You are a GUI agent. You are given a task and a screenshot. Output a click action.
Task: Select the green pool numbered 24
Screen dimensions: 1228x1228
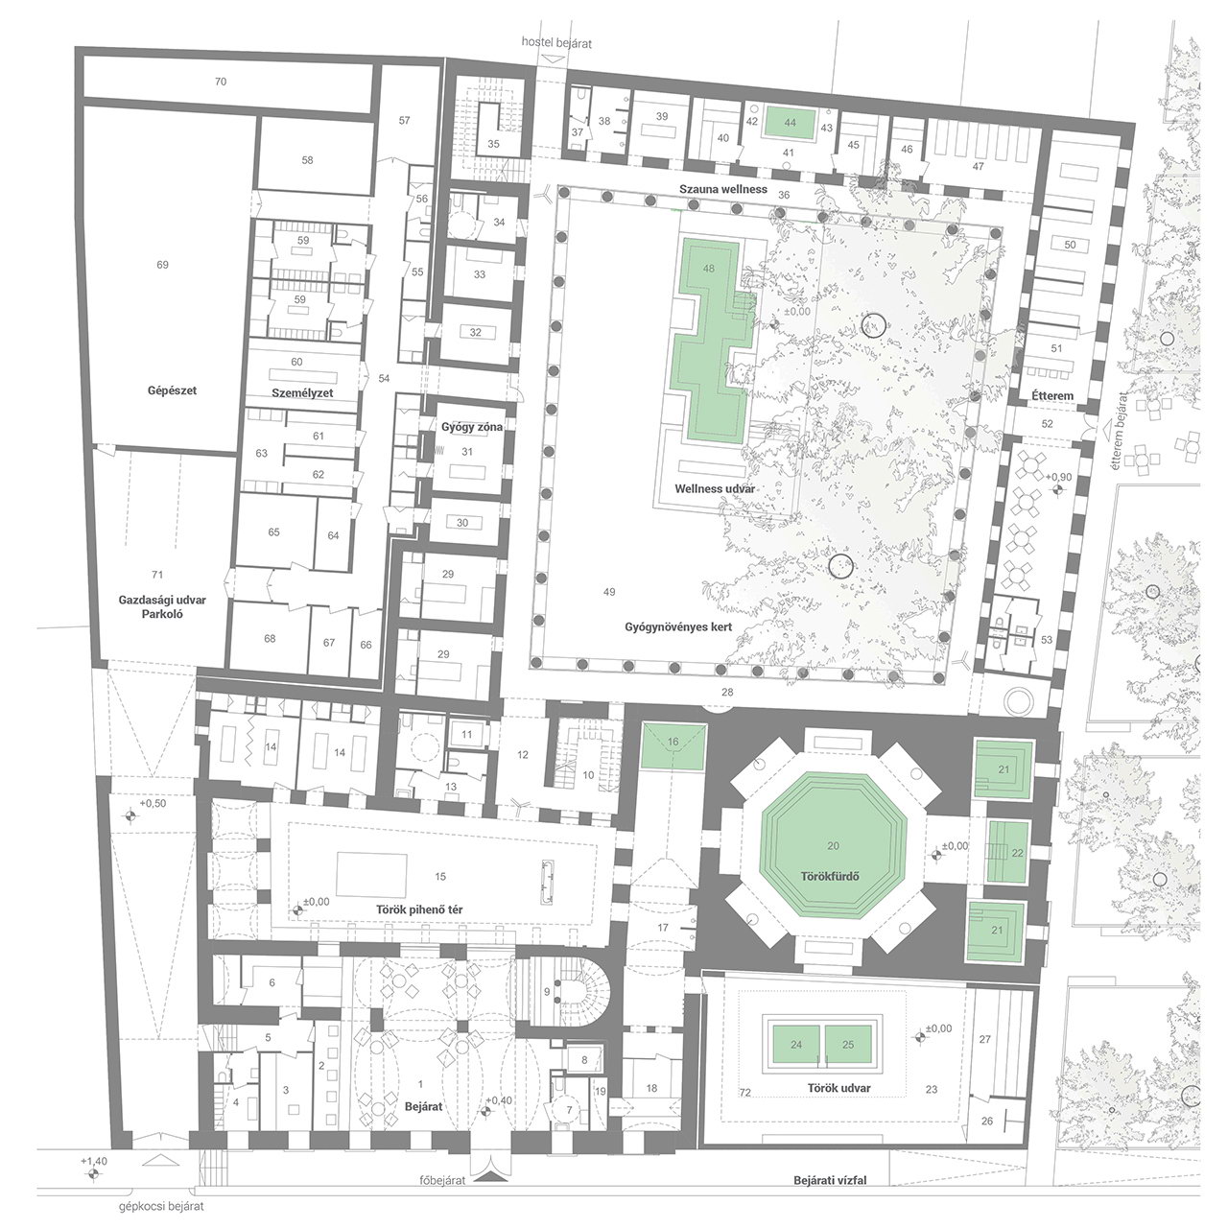pos(796,1045)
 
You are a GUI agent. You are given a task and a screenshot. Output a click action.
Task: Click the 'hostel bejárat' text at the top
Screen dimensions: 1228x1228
pos(556,43)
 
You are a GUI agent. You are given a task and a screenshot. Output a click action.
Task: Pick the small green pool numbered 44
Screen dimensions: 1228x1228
pos(791,123)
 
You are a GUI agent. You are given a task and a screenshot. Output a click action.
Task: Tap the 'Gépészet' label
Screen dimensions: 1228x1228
pos(172,390)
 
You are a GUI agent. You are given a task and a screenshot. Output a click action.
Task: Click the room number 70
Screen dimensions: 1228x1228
pos(221,82)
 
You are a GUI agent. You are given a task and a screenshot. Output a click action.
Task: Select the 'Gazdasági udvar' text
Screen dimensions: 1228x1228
pos(162,601)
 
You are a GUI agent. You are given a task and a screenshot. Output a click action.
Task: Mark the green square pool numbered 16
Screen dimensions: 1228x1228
pos(673,745)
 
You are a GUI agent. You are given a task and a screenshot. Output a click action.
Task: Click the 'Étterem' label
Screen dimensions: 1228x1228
pos(1052,395)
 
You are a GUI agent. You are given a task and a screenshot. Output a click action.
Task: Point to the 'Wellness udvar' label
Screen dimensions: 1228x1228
pos(715,488)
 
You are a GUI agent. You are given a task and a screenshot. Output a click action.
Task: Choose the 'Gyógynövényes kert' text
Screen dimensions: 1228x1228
pos(678,627)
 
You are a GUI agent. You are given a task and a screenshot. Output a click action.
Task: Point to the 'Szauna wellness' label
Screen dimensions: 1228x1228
pos(723,189)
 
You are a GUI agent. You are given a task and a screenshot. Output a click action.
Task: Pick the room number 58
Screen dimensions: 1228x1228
pos(308,160)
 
